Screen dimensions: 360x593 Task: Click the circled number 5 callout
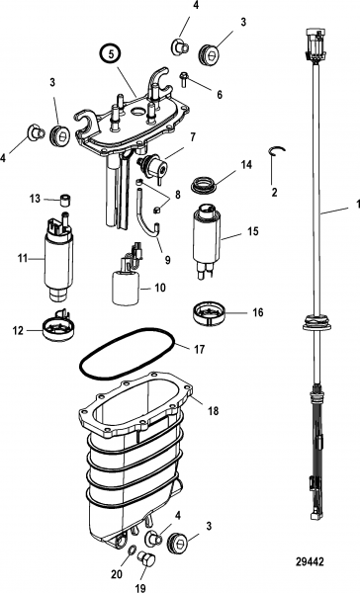pyautogui.click(x=111, y=54)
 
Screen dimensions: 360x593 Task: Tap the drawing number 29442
pyautogui.click(x=310, y=561)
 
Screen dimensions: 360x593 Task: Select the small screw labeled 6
pyautogui.click(x=184, y=79)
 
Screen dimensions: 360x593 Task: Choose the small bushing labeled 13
pyautogui.click(x=66, y=200)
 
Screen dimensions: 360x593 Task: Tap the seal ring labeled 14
pyautogui.click(x=204, y=185)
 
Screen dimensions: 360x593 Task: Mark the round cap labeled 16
pyautogui.click(x=209, y=312)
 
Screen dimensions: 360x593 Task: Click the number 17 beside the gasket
pyautogui.click(x=199, y=349)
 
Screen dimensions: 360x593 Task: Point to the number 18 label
pyautogui.click(x=214, y=410)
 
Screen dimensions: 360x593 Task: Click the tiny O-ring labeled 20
pyautogui.click(x=130, y=550)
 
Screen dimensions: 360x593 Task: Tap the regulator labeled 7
pyautogui.click(x=152, y=164)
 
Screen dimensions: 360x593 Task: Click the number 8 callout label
pyautogui.click(x=177, y=195)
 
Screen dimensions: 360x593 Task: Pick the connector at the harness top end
pyautogui.click(x=314, y=44)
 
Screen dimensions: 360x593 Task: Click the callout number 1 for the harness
pyautogui.click(x=357, y=205)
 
